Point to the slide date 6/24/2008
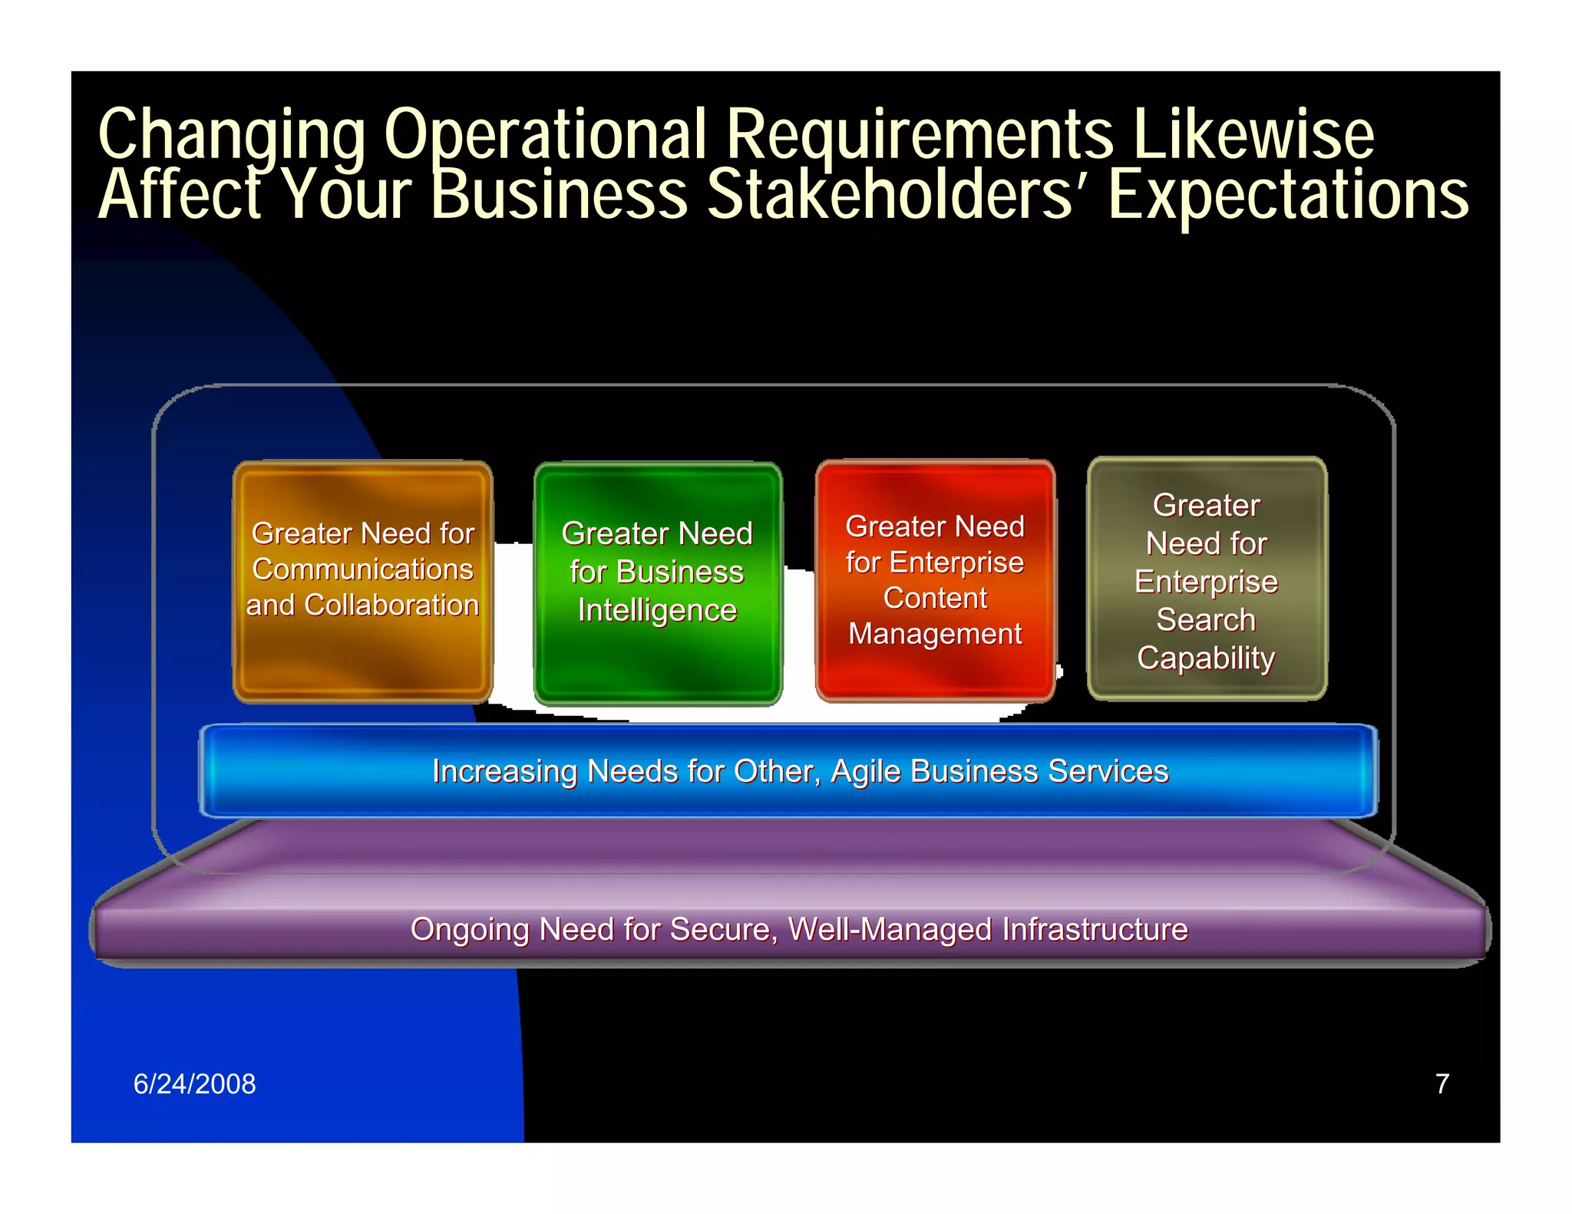click(194, 1084)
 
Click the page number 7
click(1442, 1084)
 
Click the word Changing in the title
click(232, 135)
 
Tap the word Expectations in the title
click(1287, 195)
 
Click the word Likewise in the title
click(1253, 135)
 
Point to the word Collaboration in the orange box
click(391, 605)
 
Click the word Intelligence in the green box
click(657, 611)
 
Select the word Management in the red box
click(935, 634)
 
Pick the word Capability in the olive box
click(1206, 658)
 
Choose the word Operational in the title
click(544, 135)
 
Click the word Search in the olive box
click(1206, 620)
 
